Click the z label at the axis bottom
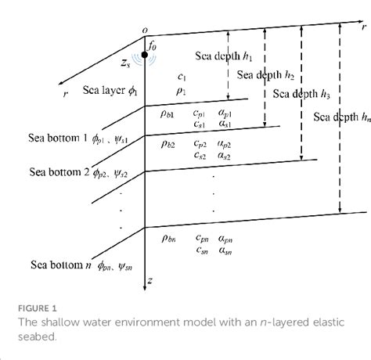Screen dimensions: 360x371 point(149,279)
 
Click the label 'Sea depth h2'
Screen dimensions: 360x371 point(266,76)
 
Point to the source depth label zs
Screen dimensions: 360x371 point(125,60)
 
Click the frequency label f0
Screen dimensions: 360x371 point(153,45)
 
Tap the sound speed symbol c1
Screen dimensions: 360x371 point(182,77)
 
